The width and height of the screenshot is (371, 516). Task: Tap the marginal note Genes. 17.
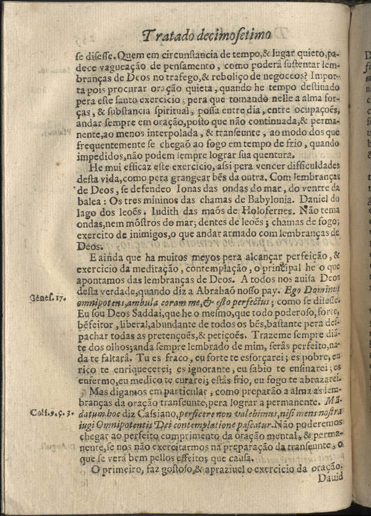click(x=49, y=299)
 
